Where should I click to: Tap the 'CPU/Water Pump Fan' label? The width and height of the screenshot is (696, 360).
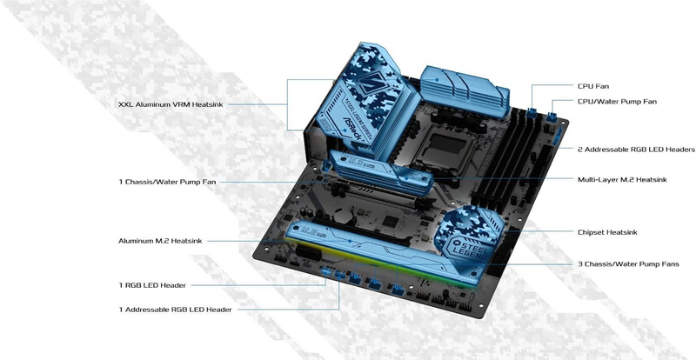click(x=617, y=102)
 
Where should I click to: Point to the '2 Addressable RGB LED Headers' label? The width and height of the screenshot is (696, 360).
click(x=634, y=149)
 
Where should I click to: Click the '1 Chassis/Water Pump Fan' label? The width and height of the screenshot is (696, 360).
click(x=167, y=182)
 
